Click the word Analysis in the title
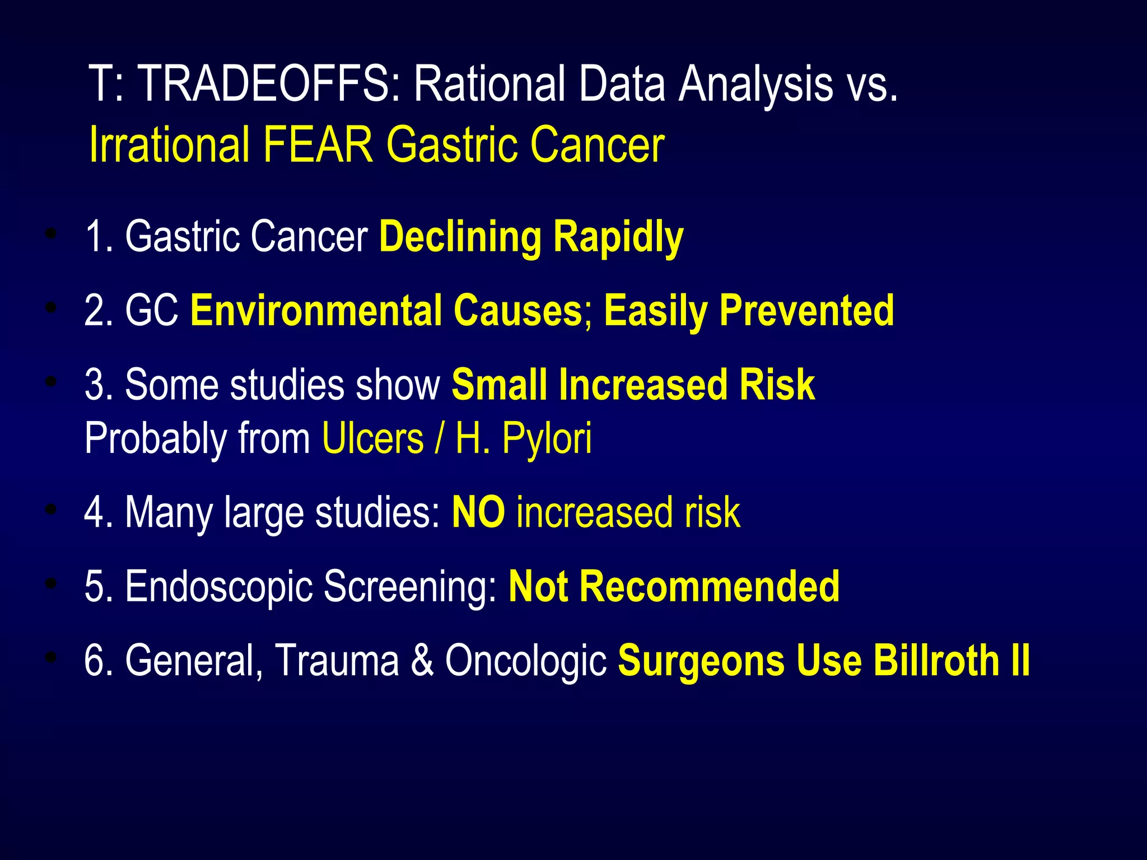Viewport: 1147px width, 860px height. pyautogui.click(x=756, y=84)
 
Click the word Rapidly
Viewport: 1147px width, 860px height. pyautogui.click(x=618, y=237)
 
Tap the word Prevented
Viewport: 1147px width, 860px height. pyautogui.click(x=806, y=311)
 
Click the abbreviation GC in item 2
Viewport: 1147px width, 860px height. pyautogui.click(x=152, y=311)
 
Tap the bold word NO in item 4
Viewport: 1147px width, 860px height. pyautogui.click(x=478, y=512)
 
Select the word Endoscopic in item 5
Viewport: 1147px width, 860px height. pyautogui.click(x=218, y=586)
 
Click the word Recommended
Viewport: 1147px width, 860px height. pyautogui.click(x=709, y=586)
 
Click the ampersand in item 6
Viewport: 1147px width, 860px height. pyautogui.click(x=422, y=661)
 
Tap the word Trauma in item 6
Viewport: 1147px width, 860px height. pyautogui.click(x=337, y=661)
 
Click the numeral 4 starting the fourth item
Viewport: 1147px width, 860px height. pyautogui.click(x=92, y=512)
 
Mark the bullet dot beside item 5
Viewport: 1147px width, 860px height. pyautogui.click(x=52, y=584)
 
